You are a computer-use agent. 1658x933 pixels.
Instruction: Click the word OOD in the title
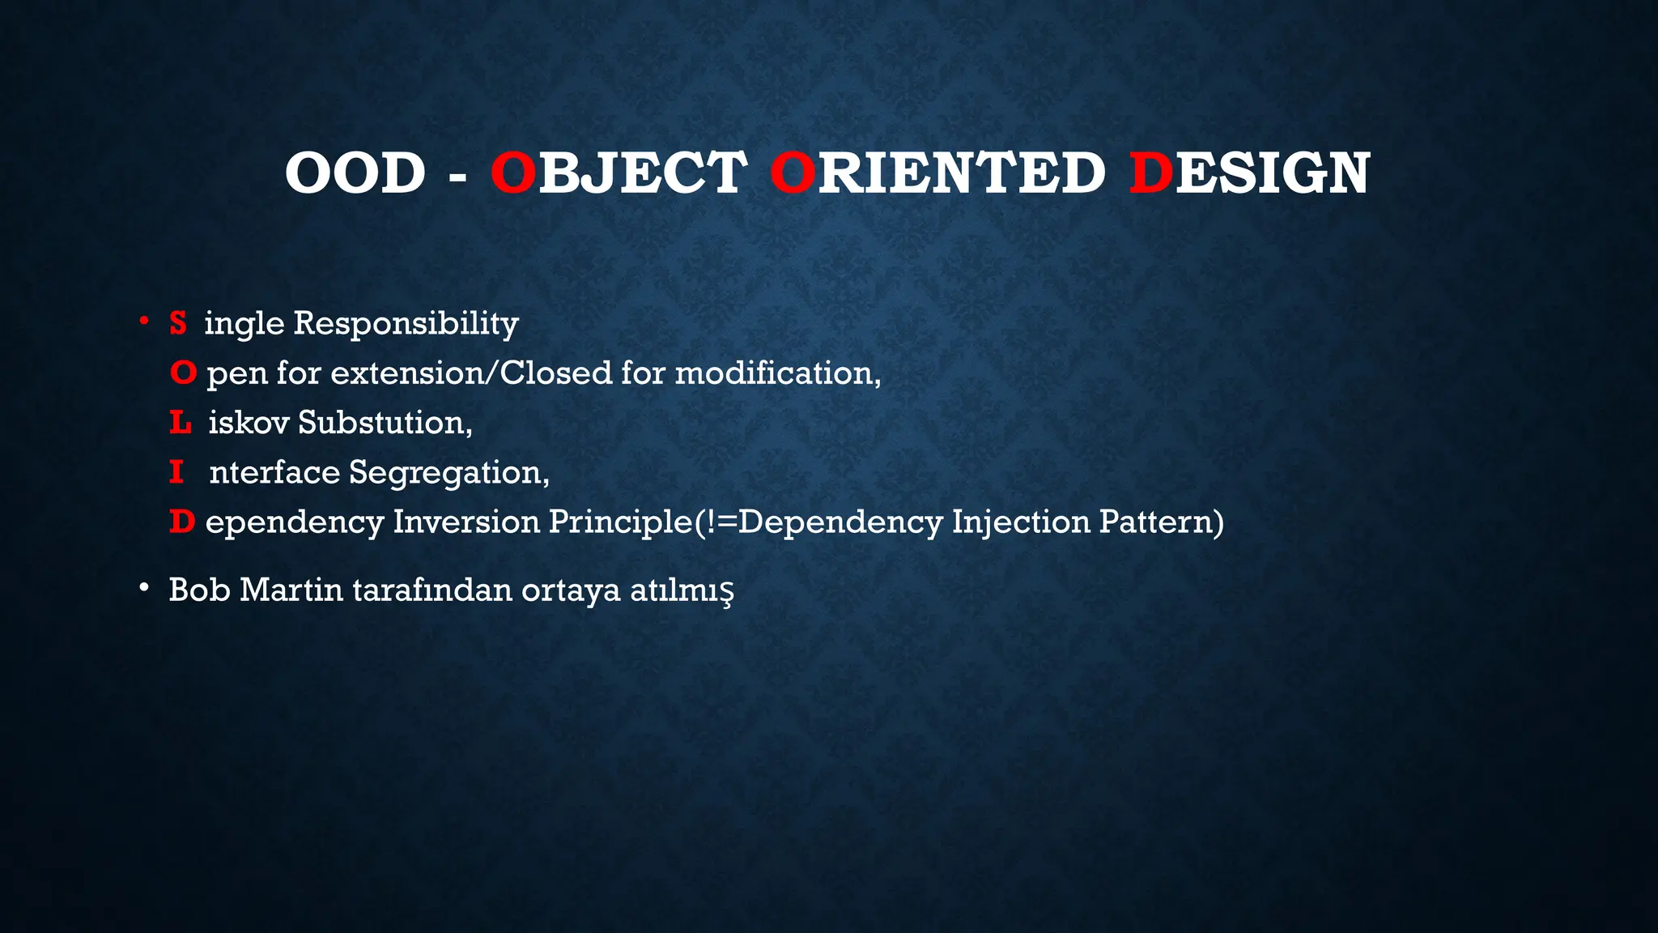point(355,173)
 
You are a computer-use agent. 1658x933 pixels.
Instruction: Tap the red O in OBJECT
point(513,173)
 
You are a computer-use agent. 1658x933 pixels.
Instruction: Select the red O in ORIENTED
point(793,173)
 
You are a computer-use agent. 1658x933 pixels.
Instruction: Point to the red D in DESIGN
point(1150,173)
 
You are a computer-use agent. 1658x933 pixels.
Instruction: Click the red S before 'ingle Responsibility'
point(178,323)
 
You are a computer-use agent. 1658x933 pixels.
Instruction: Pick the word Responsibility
point(406,324)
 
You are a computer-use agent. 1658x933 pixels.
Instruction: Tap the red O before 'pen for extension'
point(183,373)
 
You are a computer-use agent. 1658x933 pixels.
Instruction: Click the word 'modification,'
point(778,373)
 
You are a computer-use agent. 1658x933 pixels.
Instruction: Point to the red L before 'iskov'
point(180,422)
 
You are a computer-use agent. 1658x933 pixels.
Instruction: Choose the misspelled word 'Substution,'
point(385,422)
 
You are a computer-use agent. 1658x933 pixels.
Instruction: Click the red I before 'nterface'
point(176,471)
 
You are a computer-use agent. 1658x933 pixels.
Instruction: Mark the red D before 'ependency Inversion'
point(182,522)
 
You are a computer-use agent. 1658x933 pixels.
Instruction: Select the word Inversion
point(466,522)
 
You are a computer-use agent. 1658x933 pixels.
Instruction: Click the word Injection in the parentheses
point(1021,522)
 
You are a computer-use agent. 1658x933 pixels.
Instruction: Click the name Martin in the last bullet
point(291,590)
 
